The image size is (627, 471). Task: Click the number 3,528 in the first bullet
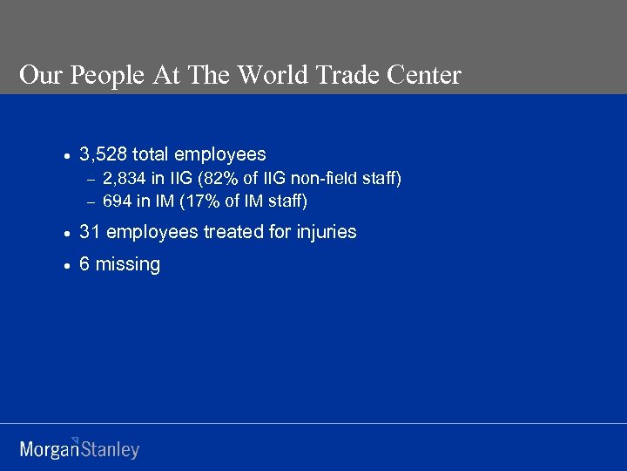click(103, 155)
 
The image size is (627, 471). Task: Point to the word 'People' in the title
click(101, 76)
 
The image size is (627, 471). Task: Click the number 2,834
click(125, 180)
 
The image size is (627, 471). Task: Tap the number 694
click(117, 201)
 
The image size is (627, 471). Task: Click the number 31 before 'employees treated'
click(89, 232)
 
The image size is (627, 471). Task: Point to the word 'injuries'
click(326, 232)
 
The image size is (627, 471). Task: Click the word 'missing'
click(127, 265)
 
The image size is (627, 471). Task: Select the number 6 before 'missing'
click(84, 264)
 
